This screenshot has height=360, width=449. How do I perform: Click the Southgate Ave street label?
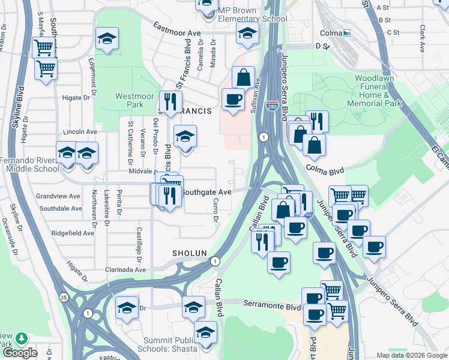206,192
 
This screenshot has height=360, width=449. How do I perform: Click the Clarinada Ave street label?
125,269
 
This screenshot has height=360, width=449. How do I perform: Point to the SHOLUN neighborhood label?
190,253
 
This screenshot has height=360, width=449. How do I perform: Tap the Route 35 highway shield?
64,297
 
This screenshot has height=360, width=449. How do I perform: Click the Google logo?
20,352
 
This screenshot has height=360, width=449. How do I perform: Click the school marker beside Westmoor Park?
106,38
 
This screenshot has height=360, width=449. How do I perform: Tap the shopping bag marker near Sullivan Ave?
243,77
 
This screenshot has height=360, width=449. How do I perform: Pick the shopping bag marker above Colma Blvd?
314,144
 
